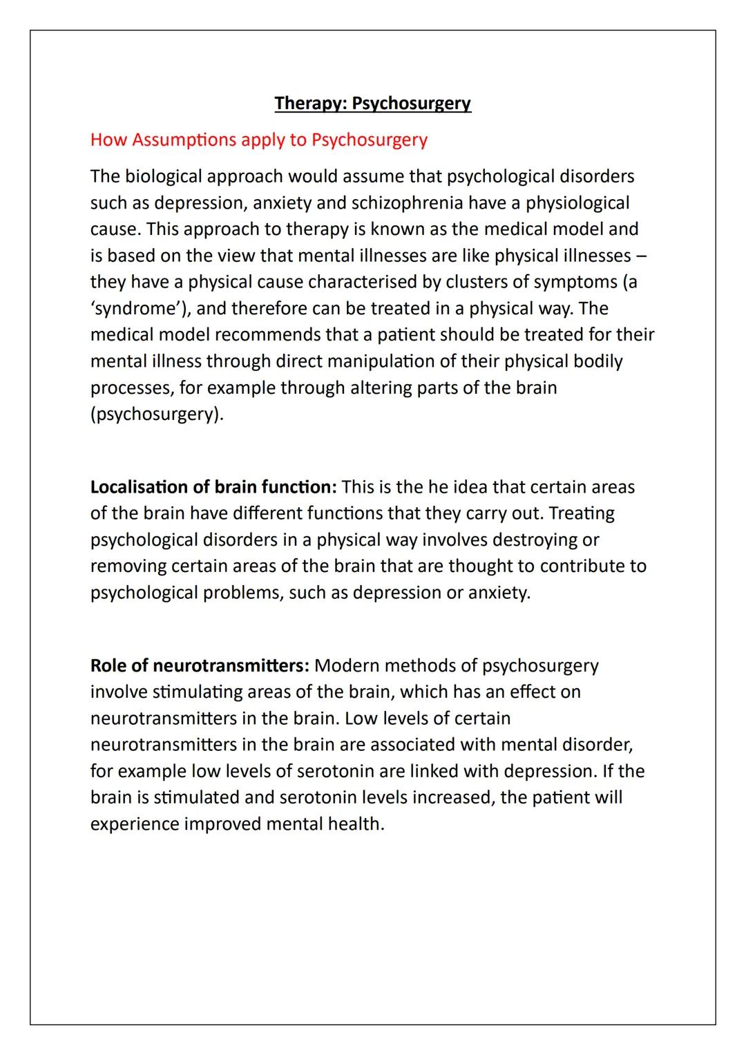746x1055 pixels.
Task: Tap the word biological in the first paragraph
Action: coord(163,176)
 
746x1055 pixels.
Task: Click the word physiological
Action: coord(577,203)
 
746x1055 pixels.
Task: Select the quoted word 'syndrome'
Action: coord(135,308)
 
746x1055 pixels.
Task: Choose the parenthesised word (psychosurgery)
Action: coord(157,414)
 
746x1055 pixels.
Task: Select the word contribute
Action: coord(582,566)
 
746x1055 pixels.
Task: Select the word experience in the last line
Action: coord(135,824)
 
